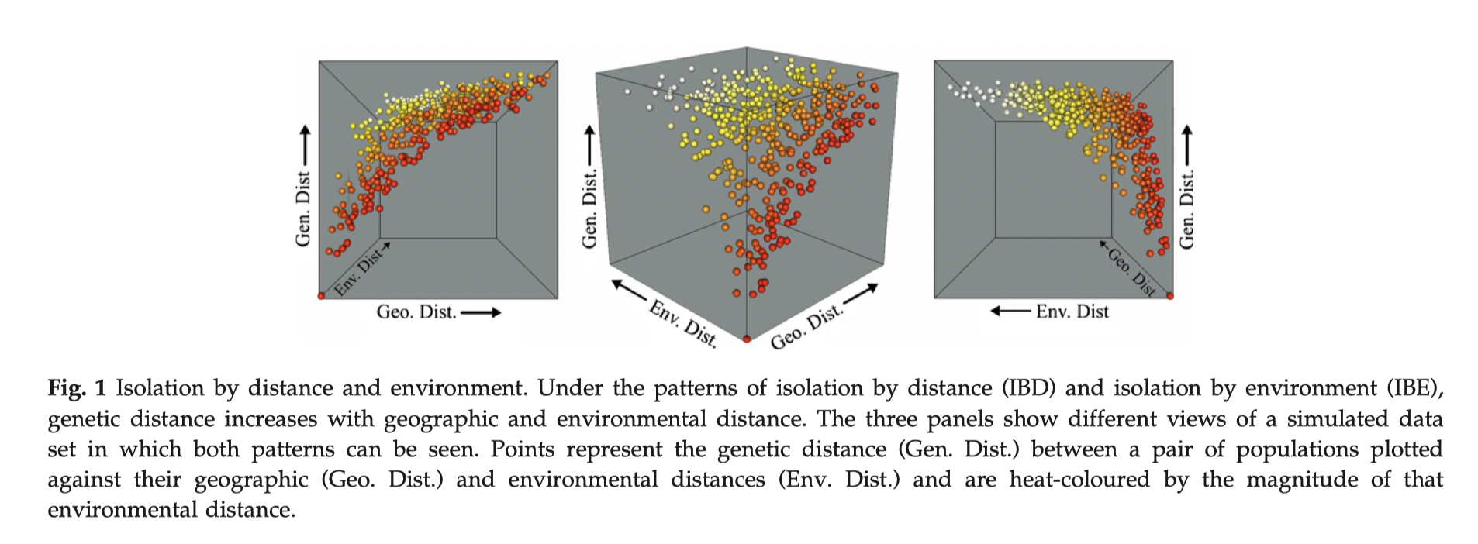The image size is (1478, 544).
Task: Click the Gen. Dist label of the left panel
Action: [303, 209]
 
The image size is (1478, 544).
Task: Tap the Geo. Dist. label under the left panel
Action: [416, 312]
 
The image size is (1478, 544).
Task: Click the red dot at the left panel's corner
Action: [321, 295]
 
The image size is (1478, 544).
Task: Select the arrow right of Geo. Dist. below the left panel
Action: [481, 312]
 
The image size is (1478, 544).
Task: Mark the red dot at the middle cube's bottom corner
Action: [746, 339]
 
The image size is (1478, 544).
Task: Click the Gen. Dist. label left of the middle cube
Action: [590, 209]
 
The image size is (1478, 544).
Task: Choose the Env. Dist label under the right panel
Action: [1072, 312]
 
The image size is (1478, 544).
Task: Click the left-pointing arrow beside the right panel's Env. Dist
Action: [1010, 312]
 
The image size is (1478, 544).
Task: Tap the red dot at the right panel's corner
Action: [1170, 295]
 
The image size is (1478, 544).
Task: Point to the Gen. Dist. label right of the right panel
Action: [1186, 209]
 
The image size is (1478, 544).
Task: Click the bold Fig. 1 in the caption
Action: [76, 387]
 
